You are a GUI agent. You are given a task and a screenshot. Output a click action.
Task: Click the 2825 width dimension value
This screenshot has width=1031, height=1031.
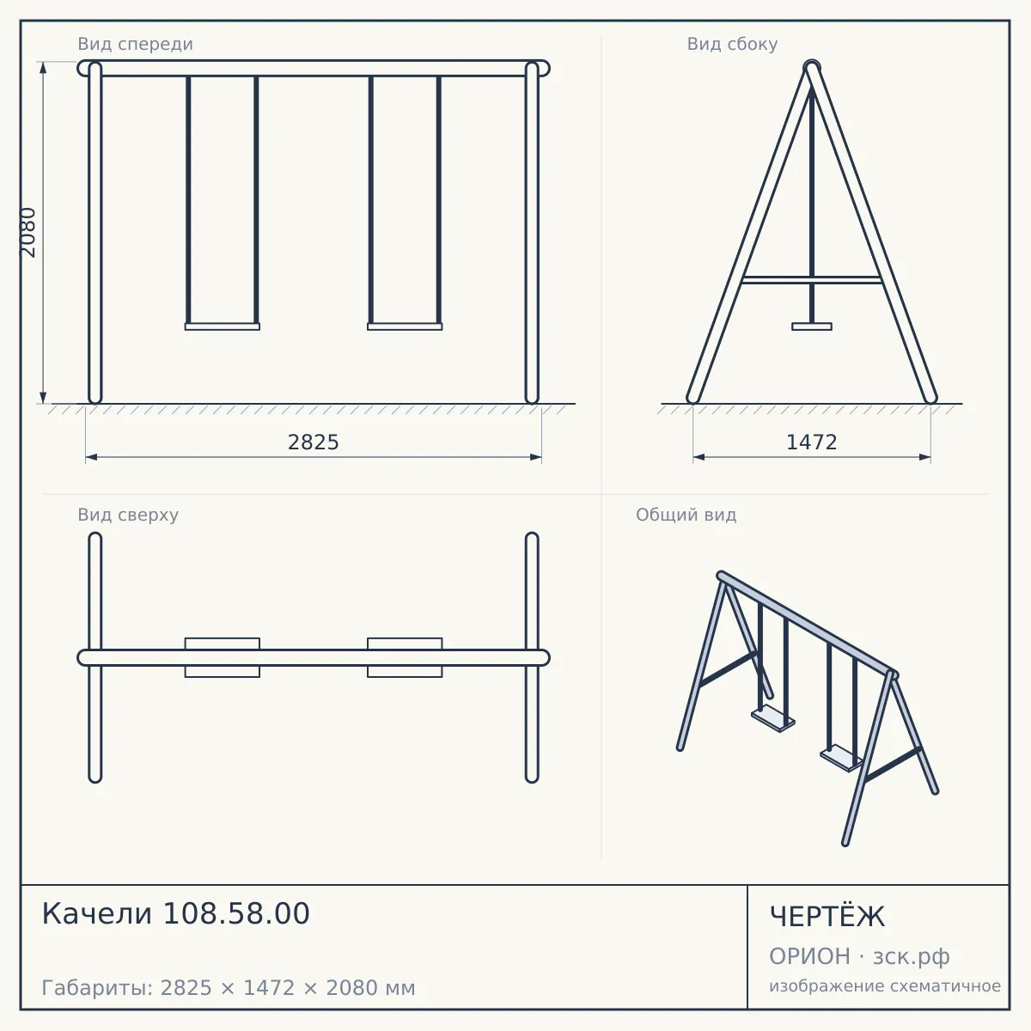(313, 442)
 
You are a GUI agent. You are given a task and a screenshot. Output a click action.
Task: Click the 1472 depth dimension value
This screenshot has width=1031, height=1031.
(811, 442)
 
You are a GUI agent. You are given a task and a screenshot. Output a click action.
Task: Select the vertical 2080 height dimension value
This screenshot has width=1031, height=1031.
(27, 232)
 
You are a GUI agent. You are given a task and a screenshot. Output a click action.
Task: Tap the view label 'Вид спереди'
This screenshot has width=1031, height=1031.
(136, 44)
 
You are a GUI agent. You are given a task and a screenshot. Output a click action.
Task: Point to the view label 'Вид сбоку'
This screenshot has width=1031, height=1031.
(732, 44)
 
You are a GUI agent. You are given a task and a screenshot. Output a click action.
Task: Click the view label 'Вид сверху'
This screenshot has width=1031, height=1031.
(128, 515)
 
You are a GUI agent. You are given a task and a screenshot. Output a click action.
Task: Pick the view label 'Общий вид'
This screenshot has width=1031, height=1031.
(686, 515)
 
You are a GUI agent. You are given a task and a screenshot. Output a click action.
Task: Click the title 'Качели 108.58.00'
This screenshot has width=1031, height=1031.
(175, 913)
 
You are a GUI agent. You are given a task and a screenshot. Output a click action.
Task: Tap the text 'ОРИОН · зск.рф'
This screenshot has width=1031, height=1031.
(859, 956)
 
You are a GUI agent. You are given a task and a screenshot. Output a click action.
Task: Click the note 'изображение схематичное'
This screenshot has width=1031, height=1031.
(885, 985)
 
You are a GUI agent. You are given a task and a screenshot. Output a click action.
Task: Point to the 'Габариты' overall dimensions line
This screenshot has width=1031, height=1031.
(229, 988)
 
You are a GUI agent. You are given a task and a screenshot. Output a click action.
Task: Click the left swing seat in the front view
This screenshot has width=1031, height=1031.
(222, 326)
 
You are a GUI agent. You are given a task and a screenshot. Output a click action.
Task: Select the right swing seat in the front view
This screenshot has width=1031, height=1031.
(405, 326)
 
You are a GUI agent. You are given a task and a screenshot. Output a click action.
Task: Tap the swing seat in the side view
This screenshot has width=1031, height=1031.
(812, 326)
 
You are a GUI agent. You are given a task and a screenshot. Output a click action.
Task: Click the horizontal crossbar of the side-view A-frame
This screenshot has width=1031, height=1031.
(812, 280)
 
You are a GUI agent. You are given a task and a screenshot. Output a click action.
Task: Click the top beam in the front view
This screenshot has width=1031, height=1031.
(314, 69)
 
